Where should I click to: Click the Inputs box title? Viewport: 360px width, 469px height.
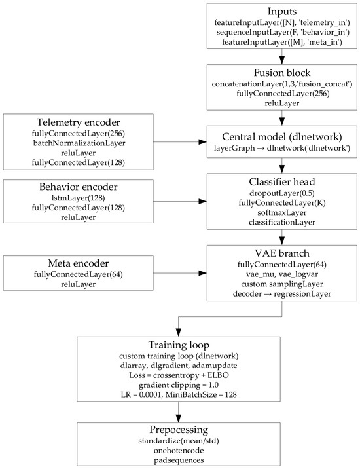click(x=282, y=11)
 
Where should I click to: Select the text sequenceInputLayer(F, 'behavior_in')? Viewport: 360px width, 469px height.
click(x=282, y=32)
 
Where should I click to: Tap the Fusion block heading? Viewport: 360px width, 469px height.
click(x=282, y=73)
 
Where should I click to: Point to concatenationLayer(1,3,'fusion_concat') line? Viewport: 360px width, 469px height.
click(x=282, y=84)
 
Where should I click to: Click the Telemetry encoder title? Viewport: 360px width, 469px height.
click(x=79, y=122)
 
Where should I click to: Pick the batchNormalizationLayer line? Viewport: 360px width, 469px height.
click(x=79, y=143)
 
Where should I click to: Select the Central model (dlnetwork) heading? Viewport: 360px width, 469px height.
click(x=282, y=137)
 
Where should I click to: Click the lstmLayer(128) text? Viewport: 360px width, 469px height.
click(x=79, y=198)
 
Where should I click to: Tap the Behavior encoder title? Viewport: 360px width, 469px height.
click(x=79, y=187)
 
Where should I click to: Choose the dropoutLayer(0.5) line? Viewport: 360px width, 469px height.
click(x=282, y=193)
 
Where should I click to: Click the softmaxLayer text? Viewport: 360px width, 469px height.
click(x=282, y=212)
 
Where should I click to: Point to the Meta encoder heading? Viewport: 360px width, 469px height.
click(x=79, y=263)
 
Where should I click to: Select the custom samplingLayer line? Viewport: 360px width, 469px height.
click(x=282, y=284)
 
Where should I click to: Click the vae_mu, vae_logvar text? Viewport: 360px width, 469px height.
click(x=282, y=274)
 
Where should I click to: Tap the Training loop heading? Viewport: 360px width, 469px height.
click(x=179, y=345)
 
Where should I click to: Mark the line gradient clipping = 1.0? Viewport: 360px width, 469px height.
click(x=179, y=385)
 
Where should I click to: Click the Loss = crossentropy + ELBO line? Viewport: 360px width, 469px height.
click(x=179, y=375)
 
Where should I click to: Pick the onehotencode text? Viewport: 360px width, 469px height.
click(x=179, y=451)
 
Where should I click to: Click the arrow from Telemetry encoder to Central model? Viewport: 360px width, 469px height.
click(x=180, y=142)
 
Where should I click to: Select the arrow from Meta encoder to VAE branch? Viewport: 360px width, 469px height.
click(x=180, y=273)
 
